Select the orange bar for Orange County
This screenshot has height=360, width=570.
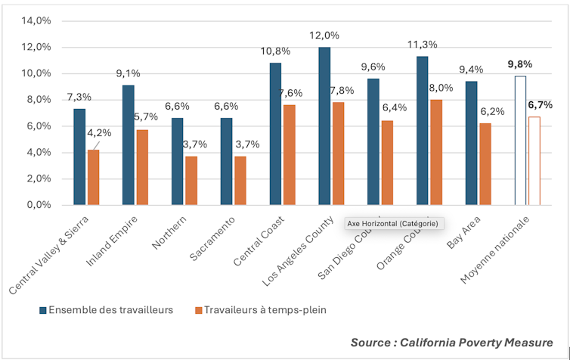(x=436, y=152)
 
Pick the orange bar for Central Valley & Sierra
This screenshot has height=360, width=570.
(x=93, y=177)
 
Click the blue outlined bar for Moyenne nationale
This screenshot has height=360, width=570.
(x=521, y=140)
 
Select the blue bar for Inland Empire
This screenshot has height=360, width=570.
(x=129, y=144)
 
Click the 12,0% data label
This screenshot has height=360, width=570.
(x=324, y=36)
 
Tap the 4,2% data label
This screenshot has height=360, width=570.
(x=99, y=132)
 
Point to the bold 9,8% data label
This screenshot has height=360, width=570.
(x=521, y=64)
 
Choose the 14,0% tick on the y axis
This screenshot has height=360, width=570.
(x=36, y=20)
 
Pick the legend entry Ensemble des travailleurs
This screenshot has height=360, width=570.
(x=106, y=310)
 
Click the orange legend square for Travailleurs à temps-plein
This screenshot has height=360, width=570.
(x=199, y=310)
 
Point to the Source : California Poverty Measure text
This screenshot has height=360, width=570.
(x=451, y=341)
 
